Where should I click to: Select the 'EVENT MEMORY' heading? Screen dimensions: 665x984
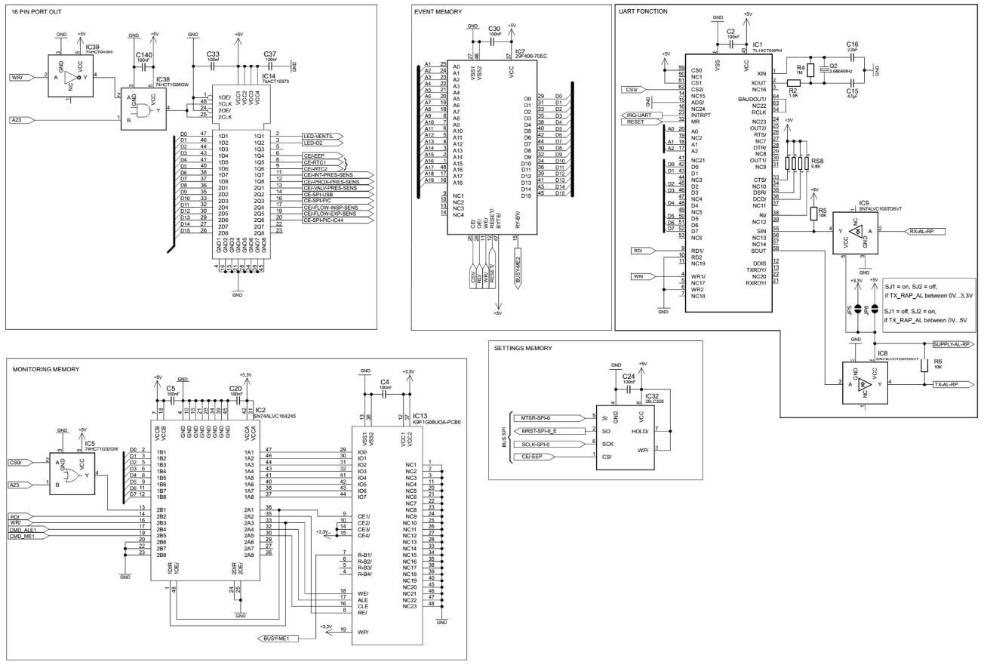point(438,12)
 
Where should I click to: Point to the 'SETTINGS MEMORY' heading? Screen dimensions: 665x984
point(524,348)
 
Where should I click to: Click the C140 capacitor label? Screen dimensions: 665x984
point(143,55)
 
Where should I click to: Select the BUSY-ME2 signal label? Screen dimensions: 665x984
point(518,268)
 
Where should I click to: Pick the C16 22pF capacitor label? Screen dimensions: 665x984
point(852,45)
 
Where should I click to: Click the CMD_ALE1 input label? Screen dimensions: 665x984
point(23,531)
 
